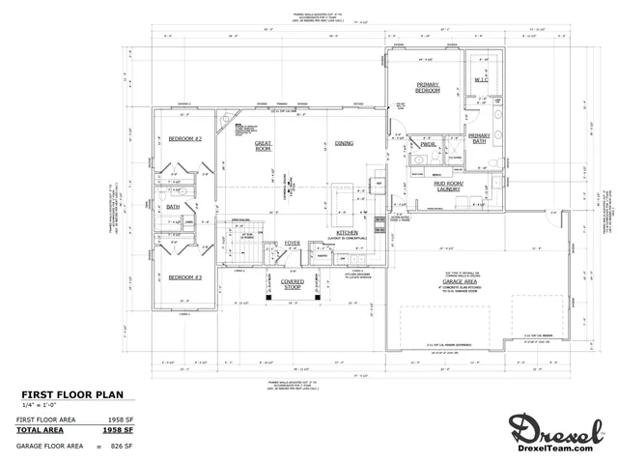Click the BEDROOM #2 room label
pos(183,139)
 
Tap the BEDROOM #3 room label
pos(183,277)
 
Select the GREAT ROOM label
pos(262,145)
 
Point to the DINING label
pos(343,143)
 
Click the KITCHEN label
pos(347,234)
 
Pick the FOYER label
pos(293,243)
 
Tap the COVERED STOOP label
pos(293,285)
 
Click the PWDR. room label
pos(429,144)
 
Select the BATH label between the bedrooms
pos(173,206)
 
